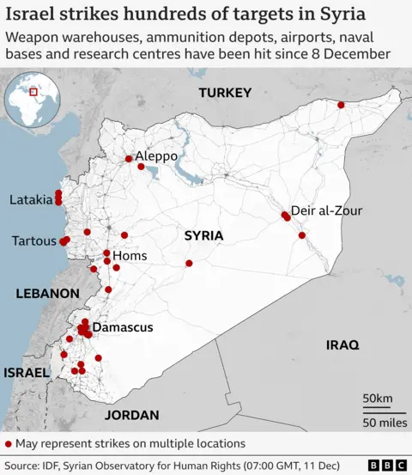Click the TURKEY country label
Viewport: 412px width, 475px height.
tap(224, 93)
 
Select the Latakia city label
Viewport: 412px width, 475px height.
tap(31, 199)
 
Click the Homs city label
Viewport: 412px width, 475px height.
tap(130, 256)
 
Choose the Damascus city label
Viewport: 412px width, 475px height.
tap(123, 327)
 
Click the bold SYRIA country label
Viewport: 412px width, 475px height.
tap(203, 235)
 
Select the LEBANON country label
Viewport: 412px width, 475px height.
tap(47, 294)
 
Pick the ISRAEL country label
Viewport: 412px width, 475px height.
tap(27, 373)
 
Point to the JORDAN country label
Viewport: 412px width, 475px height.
tap(131, 415)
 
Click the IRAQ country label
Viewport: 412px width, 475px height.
tap(342, 344)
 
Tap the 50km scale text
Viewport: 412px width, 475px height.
tap(379, 399)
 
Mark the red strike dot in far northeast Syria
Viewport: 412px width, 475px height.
tap(342, 105)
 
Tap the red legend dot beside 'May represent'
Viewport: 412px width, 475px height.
tap(9, 443)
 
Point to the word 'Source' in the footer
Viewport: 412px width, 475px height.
tap(27, 465)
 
